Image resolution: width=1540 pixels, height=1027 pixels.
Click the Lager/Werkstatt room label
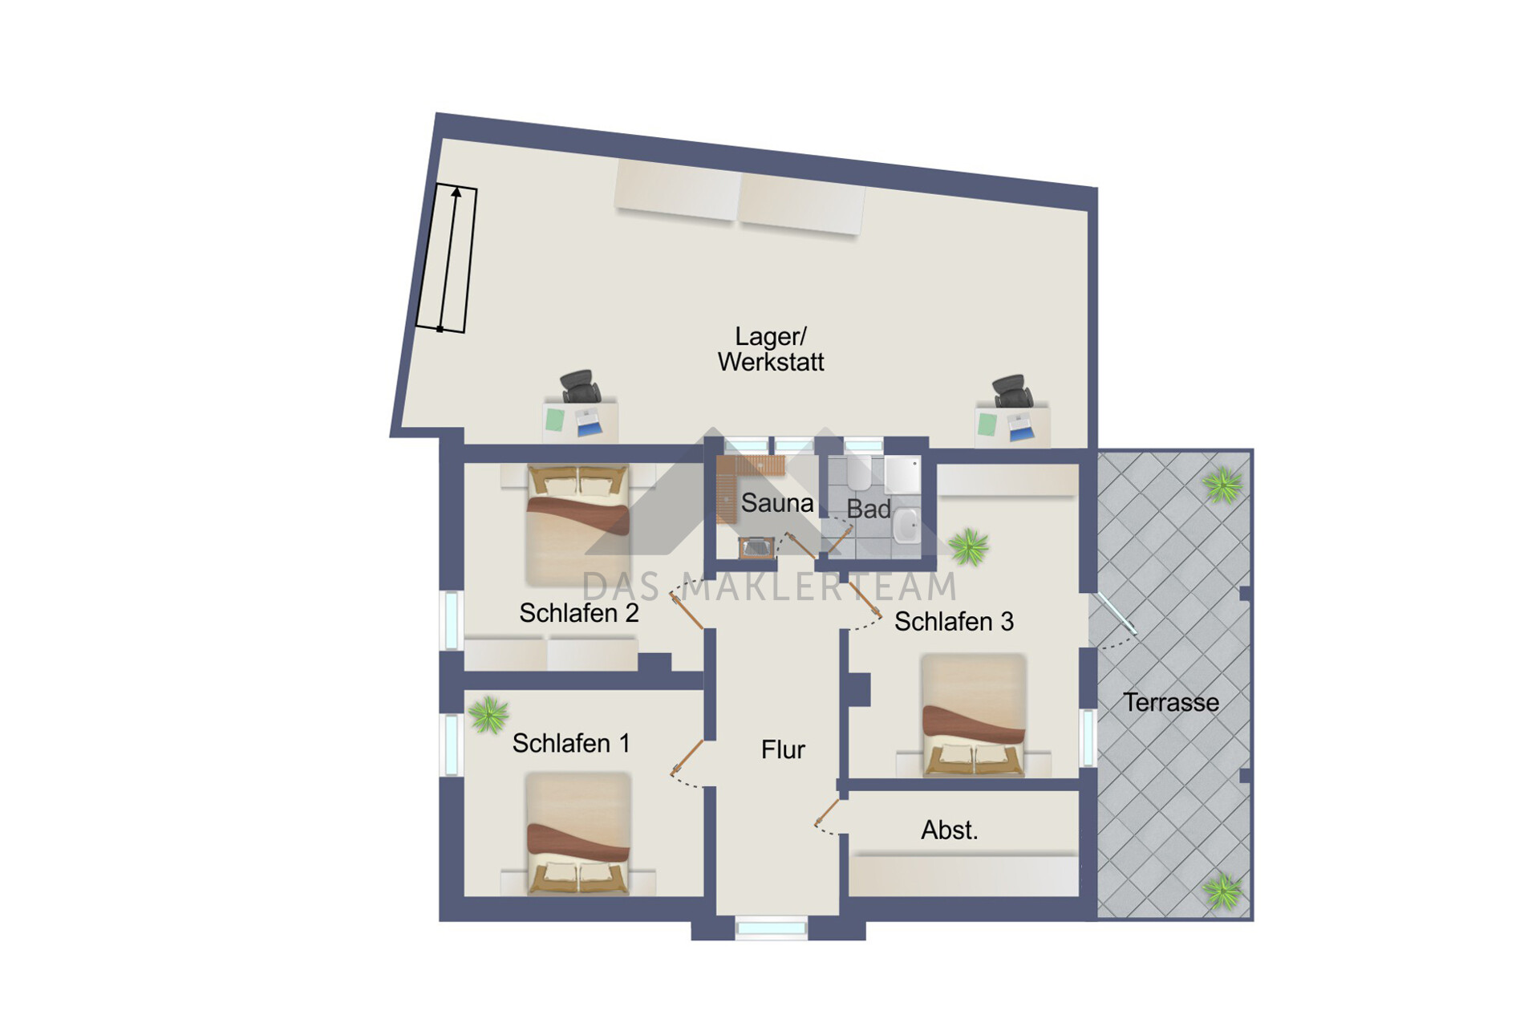coord(771,349)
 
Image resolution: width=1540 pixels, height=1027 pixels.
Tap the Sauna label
coord(776,503)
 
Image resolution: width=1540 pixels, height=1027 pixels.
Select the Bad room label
coord(869,509)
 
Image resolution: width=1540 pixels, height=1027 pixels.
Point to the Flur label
coord(783,749)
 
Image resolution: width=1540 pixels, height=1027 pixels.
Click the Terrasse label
coord(1170,702)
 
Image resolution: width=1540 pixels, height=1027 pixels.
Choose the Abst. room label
coord(950,830)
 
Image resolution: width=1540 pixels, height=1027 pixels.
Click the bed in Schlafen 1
coord(577,834)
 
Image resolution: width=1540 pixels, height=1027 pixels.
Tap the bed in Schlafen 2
coord(577,526)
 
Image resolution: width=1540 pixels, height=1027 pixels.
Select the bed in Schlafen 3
coord(973,715)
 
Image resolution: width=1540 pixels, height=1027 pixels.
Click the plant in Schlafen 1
coord(488,714)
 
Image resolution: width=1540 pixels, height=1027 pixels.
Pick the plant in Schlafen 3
coord(969,548)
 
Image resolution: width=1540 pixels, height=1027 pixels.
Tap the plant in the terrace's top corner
coord(1222,485)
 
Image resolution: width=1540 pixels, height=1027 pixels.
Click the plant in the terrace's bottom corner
coord(1222,891)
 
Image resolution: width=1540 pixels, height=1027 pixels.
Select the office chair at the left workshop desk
coord(581,387)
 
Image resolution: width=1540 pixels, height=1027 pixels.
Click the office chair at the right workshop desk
coord(1013,391)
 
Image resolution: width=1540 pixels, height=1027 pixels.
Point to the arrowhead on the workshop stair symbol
coord(456,192)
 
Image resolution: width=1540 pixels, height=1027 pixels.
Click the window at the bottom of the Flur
coord(771,928)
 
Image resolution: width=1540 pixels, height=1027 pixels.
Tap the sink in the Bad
coord(907,526)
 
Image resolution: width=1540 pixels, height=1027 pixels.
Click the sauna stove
coord(756,547)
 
